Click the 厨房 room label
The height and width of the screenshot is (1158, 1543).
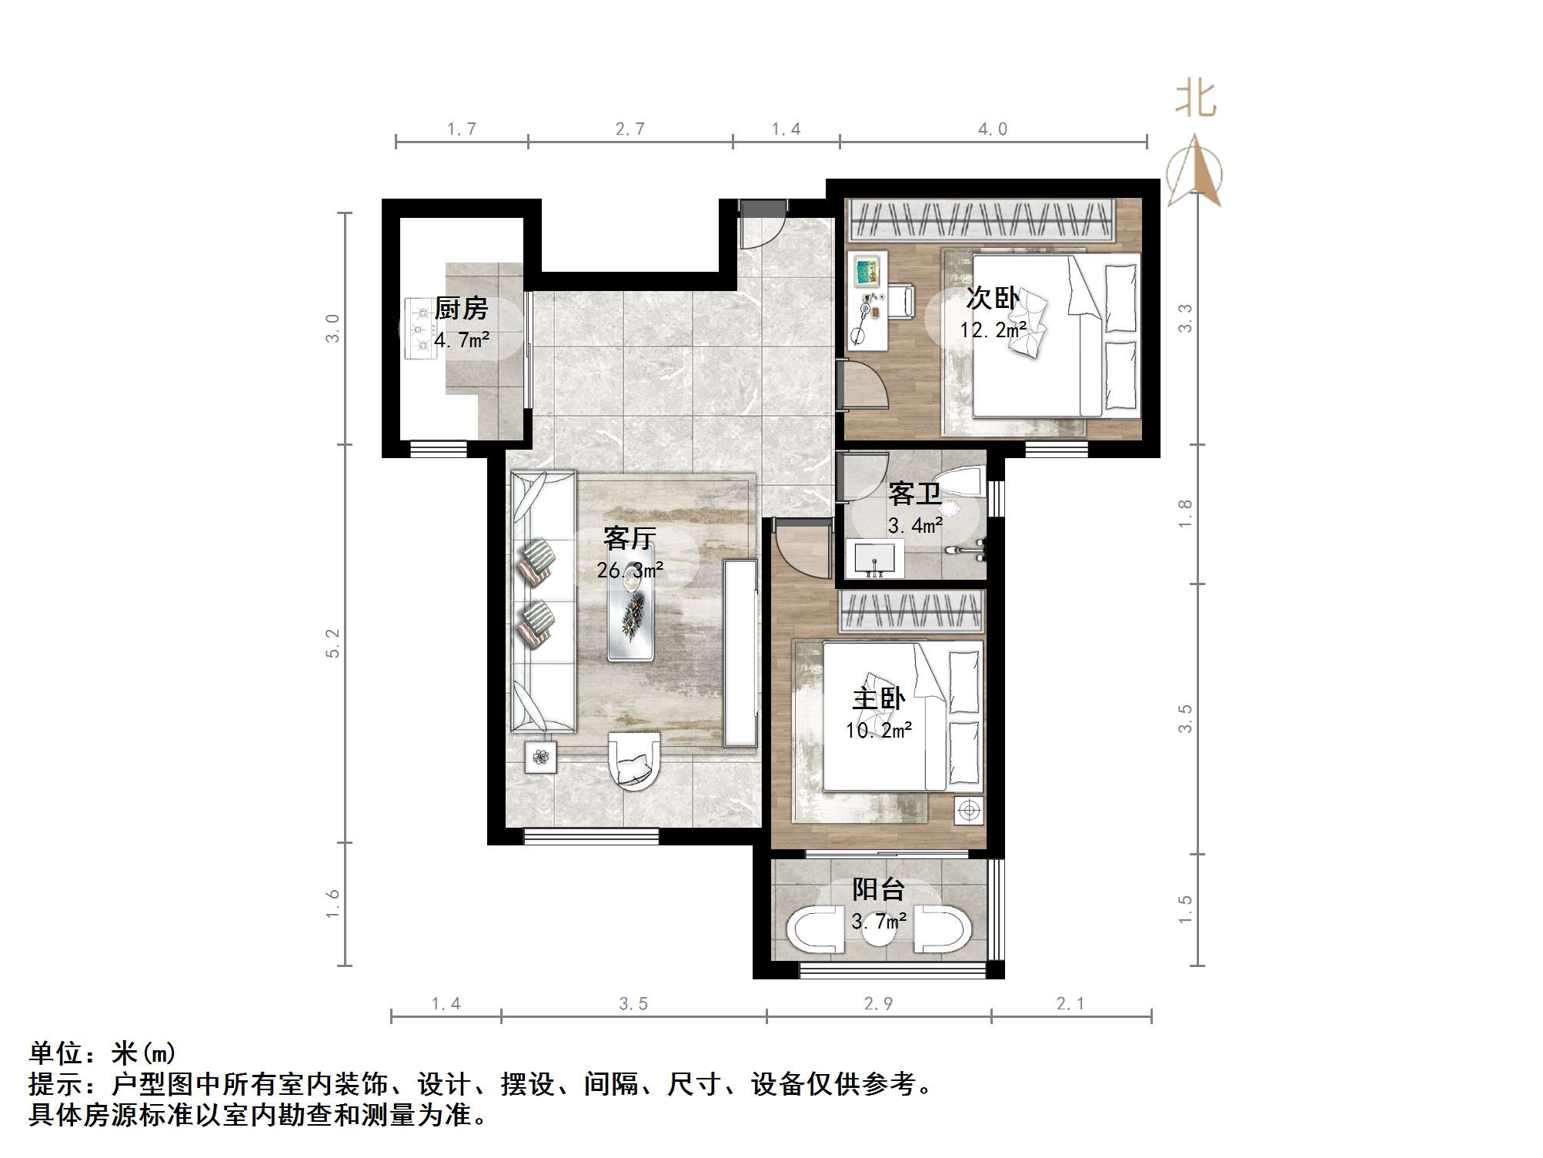[461, 309]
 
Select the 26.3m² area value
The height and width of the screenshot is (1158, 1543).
[630, 571]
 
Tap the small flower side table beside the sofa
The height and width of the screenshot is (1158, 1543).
[541, 758]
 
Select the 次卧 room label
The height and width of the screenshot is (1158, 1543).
[992, 299]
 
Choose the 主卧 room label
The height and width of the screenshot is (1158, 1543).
[878, 699]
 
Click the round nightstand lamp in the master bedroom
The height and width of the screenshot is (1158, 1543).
[969, 811]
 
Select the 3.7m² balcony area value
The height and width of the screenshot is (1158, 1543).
[878, 920]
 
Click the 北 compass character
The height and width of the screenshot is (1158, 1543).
[1195, 100]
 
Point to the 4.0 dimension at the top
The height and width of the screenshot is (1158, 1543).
[992, 129]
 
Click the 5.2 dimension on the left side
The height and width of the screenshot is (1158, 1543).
[332, 643]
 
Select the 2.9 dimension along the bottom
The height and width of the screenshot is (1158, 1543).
[878, 1004]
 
